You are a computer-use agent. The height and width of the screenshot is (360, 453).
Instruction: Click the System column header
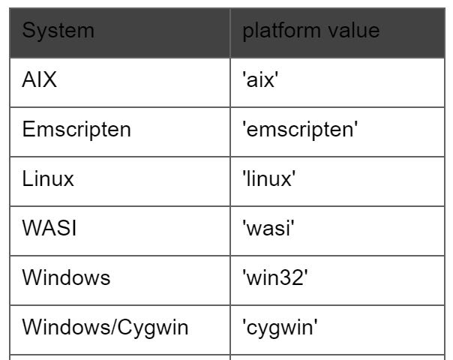point(58,31)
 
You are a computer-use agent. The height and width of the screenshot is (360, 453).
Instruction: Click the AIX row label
point(39,79)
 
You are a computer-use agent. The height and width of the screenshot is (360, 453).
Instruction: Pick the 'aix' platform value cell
point(260,79)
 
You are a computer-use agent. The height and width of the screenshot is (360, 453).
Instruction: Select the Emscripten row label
point(76,130)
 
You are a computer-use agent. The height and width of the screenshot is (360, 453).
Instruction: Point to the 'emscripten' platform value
point(300,130)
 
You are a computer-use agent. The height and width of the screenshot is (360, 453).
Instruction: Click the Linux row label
point(48,178)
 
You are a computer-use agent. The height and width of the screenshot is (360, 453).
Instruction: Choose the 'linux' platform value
point(269,178)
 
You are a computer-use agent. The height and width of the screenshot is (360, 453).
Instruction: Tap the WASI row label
point(49,228)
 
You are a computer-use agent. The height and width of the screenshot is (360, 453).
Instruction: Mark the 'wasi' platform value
point(268,228)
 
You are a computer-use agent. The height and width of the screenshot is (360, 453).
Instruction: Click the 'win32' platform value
point(275,277)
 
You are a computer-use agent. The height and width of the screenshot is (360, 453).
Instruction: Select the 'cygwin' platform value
point(280,328)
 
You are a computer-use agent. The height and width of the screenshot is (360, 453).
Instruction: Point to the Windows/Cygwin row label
point(105,328)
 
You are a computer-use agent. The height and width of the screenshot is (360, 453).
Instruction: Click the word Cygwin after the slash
point(153,328)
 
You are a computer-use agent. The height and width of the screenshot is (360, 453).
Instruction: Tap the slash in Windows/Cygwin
point(113,327)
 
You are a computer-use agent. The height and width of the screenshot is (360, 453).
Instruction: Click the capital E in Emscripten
point(28,129)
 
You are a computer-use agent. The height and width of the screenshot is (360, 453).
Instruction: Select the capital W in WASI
point(32,228)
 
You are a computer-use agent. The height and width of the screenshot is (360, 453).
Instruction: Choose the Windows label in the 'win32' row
point(66,277)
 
